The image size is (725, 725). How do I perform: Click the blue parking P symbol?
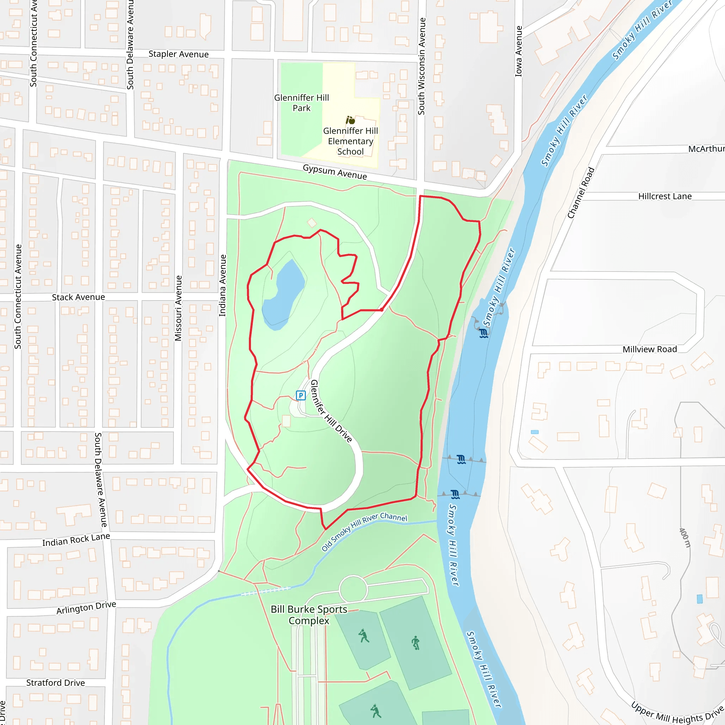[301, 395]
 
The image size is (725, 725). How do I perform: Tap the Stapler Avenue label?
[178, 54]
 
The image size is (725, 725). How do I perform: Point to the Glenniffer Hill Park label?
[301, 103]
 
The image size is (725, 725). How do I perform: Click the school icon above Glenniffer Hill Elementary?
[350, 120]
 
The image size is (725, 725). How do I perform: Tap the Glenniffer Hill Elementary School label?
[350, 141]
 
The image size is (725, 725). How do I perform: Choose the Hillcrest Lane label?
[664, 196]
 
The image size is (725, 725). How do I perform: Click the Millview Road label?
[650, 349]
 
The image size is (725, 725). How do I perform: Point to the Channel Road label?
[581, 193]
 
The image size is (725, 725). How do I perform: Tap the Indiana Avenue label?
[223, 285]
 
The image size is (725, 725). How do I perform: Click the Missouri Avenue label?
[178, 308]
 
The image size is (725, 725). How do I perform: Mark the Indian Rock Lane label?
[76, 540]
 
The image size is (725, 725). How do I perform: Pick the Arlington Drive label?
[86, 607]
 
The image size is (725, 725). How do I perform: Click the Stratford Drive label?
[56, 683]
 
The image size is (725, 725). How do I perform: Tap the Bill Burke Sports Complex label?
[309, 615]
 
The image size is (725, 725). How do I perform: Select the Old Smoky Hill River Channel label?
[364, 531]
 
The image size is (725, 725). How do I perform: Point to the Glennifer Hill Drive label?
[331, 411]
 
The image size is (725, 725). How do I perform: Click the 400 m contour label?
[685, 538]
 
